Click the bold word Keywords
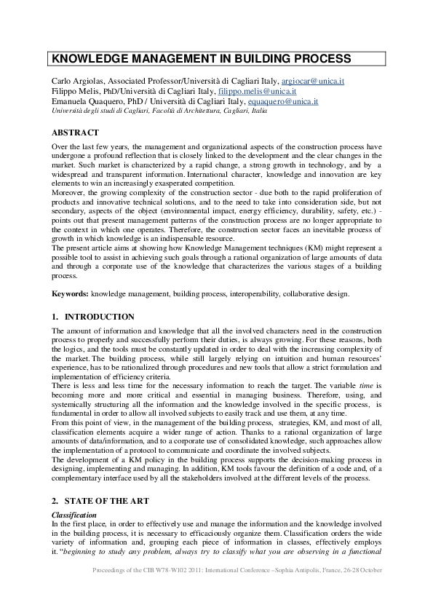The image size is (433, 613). click(70, 293)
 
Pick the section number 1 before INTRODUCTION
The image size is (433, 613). click(55, 317)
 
